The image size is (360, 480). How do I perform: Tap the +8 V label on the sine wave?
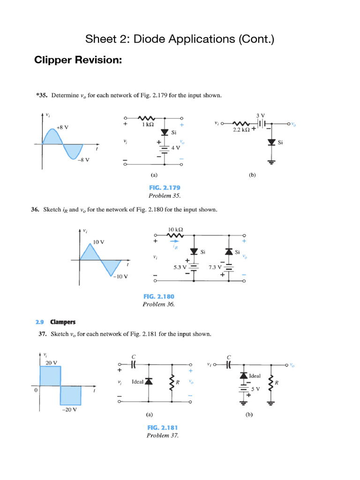click(x=62, y=127)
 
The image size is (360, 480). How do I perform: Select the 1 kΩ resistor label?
click(x=149, y=125)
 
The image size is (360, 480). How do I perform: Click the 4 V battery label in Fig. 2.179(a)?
click(x=175, y=147)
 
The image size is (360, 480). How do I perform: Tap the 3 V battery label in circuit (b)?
click(x=260, y=115)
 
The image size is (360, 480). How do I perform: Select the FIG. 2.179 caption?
click(x=164, y=188)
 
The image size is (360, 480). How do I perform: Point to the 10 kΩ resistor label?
click(x=175, y=229)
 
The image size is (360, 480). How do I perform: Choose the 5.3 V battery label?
click(x=180, y=267)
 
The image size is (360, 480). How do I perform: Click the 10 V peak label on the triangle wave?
click(x=98, y=242)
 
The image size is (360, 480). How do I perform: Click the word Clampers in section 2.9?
click(x=63, y=322)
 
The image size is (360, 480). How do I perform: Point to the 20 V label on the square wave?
click(x=52, y=362)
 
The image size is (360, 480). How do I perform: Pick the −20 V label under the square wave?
click(x=68, y=409)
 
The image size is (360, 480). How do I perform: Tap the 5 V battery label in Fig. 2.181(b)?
click(x=255, y=389)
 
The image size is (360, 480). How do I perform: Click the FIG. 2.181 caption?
click(x=162, y=427)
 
